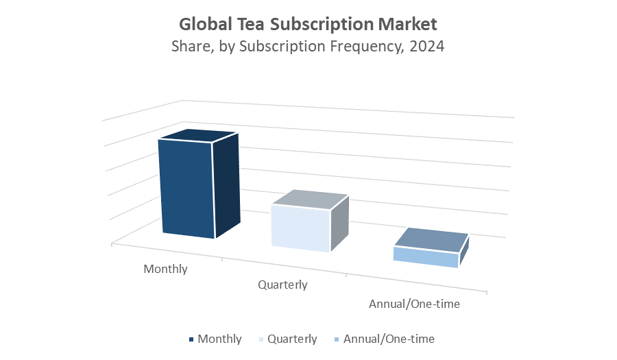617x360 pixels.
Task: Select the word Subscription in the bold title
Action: click(322, 25)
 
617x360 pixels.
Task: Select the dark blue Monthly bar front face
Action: click(186, 189)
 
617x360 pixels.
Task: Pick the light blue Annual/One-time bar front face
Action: click(425, 257)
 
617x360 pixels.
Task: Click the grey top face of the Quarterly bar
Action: click(311, 200)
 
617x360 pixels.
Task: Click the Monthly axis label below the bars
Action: click(165, 269)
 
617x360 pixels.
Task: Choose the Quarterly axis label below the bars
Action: click(282, 285)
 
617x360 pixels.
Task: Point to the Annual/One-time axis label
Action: click(414, 304)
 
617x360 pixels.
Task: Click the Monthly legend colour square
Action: click(191, 339)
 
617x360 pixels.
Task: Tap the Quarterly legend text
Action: click(292, 339)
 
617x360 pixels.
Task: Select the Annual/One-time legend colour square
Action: click(336, 339)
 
